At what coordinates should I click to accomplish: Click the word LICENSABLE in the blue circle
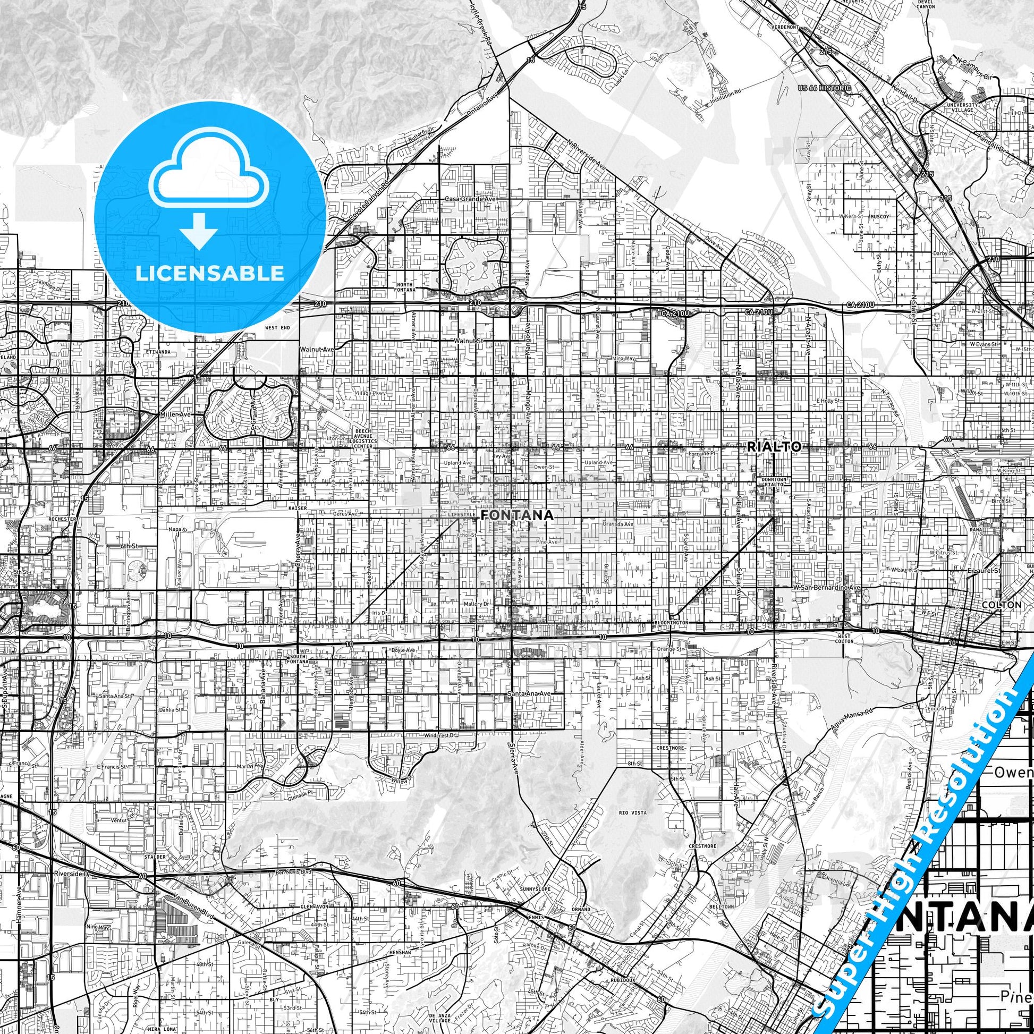pos(210,273)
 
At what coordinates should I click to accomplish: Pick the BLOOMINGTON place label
pos(670,623)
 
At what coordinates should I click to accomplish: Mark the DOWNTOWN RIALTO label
pos(774,482)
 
